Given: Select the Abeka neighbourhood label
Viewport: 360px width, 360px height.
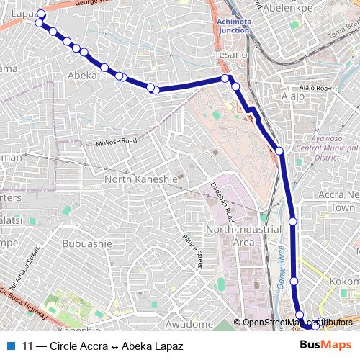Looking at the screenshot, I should point(82,75).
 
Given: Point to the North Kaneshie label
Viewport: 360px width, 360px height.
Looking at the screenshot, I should point(141,179).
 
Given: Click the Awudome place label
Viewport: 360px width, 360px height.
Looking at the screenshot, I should point(189,325).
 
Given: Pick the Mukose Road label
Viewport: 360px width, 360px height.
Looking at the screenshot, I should point(117,143).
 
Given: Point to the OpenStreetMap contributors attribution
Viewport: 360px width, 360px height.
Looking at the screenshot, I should point(296,323).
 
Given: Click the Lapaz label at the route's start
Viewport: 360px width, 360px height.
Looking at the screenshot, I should point(23,14).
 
